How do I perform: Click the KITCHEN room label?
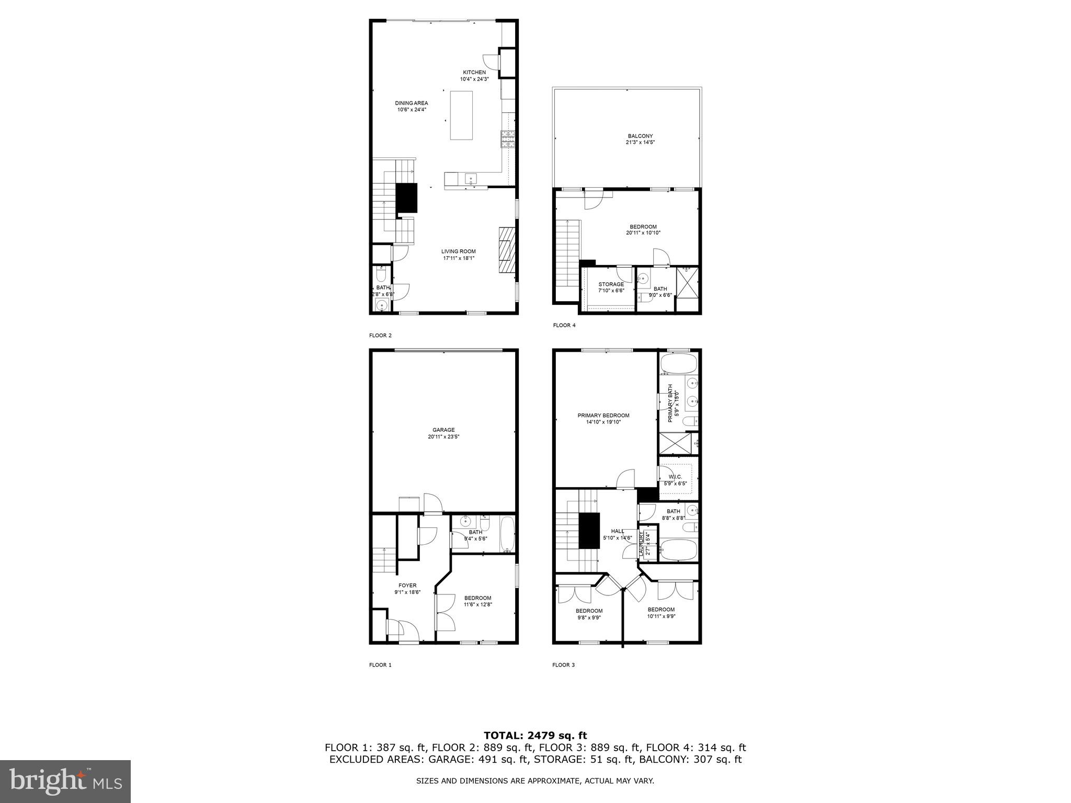474,72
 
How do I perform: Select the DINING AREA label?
411,103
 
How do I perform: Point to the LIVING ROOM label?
458,251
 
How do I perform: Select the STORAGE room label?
611,284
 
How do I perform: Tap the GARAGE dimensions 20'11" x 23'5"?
443,437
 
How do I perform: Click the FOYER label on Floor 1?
407,586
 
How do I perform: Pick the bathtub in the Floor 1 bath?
507,534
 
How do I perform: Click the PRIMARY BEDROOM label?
603,416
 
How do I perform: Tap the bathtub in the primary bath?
679,363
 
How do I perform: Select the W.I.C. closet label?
675,477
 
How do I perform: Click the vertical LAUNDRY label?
642,544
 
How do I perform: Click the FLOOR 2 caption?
380,336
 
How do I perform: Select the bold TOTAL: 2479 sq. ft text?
535,736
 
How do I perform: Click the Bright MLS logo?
65,781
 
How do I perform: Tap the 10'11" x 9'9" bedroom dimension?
661,616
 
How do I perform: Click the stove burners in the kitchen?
507,139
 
